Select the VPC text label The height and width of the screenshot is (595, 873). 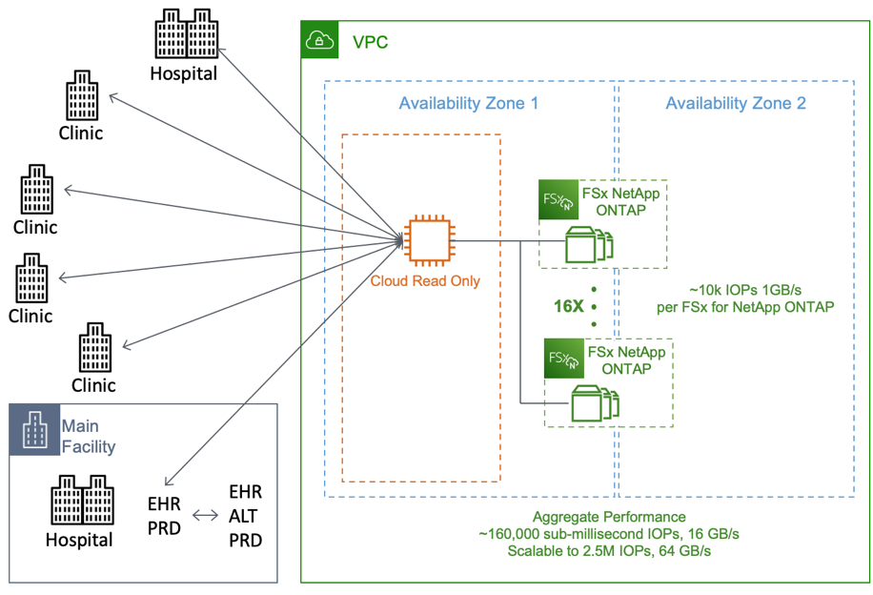370,43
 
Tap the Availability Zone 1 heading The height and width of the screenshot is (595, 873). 468,103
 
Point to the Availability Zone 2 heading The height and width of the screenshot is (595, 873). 735,103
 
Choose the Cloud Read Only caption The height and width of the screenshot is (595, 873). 425,281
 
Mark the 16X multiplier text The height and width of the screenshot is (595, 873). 569,307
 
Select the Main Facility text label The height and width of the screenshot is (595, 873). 88,436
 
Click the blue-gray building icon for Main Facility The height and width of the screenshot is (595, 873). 35,430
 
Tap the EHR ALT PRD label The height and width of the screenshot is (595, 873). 245,516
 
